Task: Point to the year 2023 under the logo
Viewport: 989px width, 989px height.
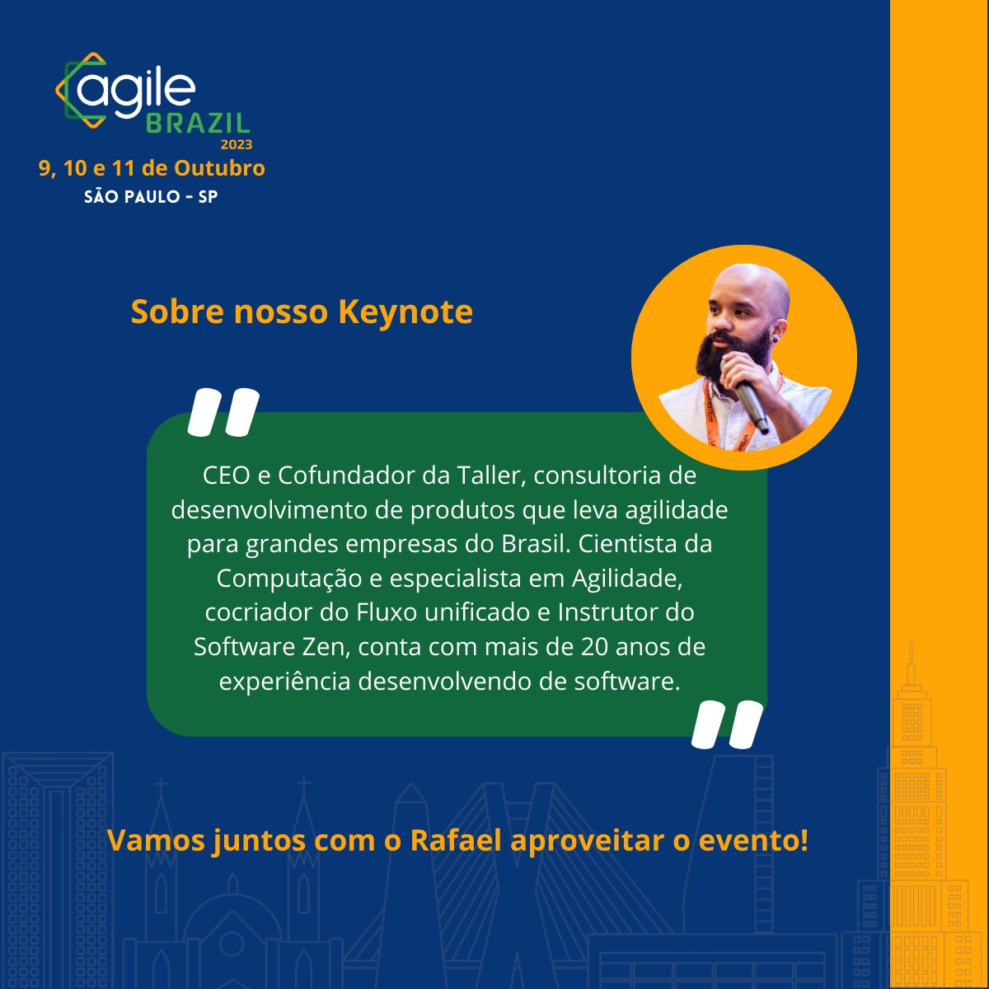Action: (x=236, y=144)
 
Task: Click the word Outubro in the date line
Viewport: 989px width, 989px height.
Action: (x=220, y=168)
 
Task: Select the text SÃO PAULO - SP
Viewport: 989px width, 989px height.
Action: (x=151, y=198)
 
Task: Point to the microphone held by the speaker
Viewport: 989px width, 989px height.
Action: (x=746, y=396)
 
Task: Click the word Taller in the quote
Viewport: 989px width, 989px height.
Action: (x=488, y=476)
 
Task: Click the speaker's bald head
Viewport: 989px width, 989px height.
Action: (x=754, y=284)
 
